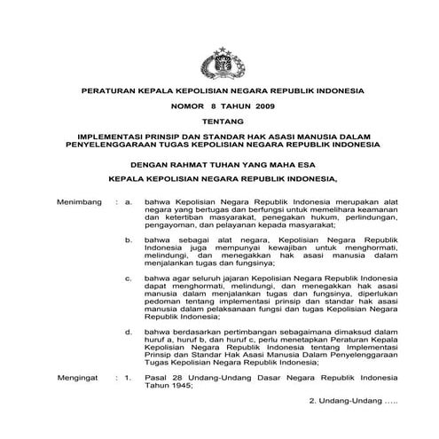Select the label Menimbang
pyautogui.click(x=77, y=202)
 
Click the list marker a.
pyautogui.click(x=129, y=202)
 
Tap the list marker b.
pyautogui.click(x=129, y=239)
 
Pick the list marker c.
pyautogui.click(x=129, y=278)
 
